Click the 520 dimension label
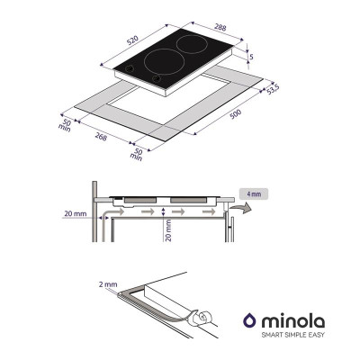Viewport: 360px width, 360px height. (x=132, y=40)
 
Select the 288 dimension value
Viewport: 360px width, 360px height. (x=220, y=27)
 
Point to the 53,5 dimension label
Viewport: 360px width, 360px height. (x=273, y=89)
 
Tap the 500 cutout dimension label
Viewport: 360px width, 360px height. (x=236, y=114)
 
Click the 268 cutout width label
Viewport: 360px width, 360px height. (x=101, y=137)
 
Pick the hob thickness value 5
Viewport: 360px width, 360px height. (x=251, y=56)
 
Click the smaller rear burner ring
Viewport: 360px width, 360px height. (x=192, y=44)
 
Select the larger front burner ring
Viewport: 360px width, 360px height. (x=164, y=60)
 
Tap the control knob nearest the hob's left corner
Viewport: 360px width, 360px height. (x=130, y=68)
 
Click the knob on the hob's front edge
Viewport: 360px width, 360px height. (x=156, y=78)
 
